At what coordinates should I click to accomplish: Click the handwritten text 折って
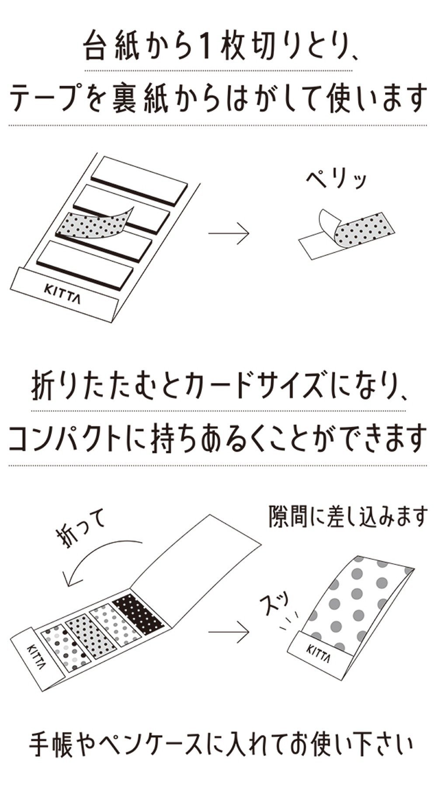pyautogui.click(x=81, y=529)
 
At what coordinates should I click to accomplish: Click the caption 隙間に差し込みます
pyautogui.click(x=347, y=516)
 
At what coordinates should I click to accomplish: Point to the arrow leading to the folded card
pyautogui.click(x=228, y=632)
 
